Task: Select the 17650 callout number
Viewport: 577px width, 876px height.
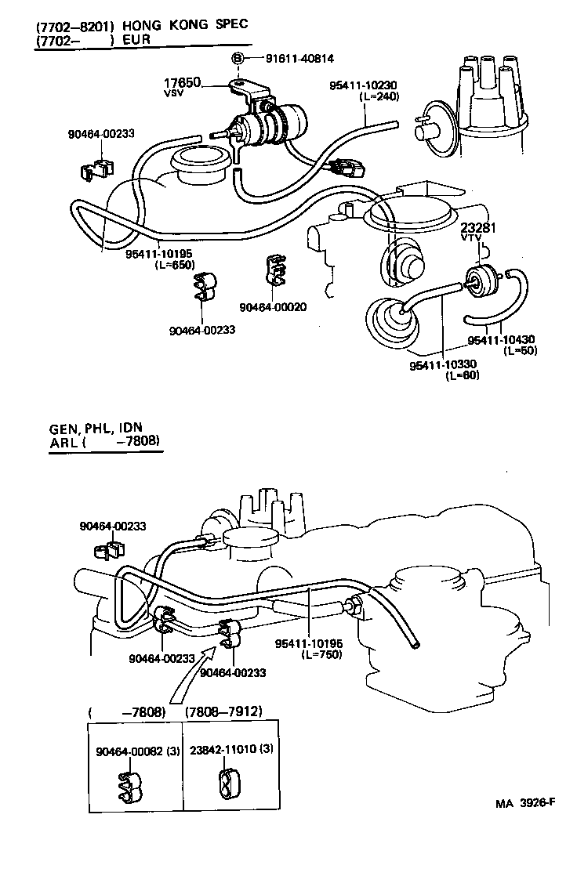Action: (x=182, y=82)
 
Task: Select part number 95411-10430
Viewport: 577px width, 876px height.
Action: (x=501, y=340)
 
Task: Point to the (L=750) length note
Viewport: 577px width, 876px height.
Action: (x=319, y=654)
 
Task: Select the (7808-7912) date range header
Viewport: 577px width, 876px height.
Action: (x=223, y=711)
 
